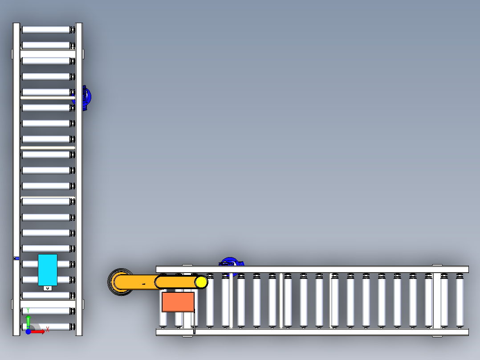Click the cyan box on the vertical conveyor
point(48,270)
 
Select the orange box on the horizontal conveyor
point(178,302)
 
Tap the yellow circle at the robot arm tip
point(201,282)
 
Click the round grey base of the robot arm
point(120,282)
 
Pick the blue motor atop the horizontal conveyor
point(231,262)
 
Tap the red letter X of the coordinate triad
point(48,329)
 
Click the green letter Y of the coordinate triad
point(28,311)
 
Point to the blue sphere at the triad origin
point(28,331)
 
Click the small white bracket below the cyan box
point(48,288)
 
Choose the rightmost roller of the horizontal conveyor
point(460,300)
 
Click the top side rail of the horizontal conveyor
point(312,269)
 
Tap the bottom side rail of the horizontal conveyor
point(312,332)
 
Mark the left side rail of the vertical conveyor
point(16,179)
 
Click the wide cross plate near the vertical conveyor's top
point(48,54)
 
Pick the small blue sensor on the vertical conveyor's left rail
point(17,258)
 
